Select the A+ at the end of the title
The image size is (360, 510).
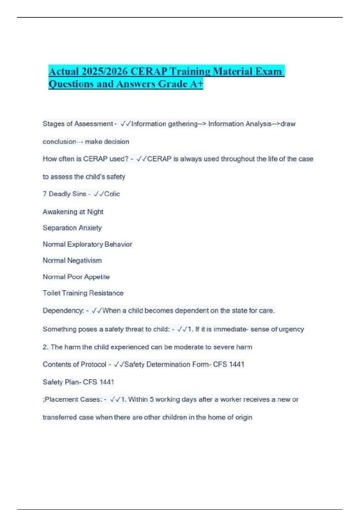coord(196,84)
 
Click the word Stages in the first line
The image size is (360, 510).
coord(52,124)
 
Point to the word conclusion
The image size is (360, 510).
coord(59,142)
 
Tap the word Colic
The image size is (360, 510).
coord(112,194)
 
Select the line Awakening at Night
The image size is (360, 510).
coord(73,212)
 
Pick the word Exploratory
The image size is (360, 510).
coord(85,244)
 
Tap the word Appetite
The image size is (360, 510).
coord(97,277)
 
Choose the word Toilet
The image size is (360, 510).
coord(51,293)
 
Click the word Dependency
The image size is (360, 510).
coord(63,311)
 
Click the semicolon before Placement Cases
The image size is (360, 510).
coord(43,400)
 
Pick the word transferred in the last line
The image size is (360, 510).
coord(60,417)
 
